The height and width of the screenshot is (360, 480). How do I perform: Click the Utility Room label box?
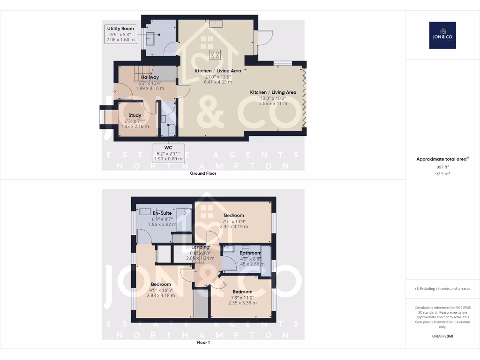(120, 35)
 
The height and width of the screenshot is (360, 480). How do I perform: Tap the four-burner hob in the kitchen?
(215, 55)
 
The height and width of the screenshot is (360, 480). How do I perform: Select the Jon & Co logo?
(442, 35)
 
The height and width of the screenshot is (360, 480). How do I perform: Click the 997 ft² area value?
(442, 166)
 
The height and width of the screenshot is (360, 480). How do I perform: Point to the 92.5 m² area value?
(442, 173)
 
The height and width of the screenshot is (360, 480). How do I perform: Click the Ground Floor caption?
(203, 173)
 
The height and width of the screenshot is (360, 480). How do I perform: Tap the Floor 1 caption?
(203, 343)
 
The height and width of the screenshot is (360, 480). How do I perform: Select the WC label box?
(168, 153)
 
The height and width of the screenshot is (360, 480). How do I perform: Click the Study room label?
(135, 115)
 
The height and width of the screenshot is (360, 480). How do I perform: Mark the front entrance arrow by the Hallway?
(113, 91)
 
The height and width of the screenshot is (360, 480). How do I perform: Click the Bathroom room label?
(250, 253)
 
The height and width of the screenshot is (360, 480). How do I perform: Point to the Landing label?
(200, 247)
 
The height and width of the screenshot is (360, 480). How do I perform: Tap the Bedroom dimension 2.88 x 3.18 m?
(161, 295)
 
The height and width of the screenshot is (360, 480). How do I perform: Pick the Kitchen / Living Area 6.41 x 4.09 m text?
(218, 82)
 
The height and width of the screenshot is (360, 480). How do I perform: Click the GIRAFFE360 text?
(442, 336)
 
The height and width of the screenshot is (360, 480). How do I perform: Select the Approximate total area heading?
(442, 159)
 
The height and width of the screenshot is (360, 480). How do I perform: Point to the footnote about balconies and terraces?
(442, 289)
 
